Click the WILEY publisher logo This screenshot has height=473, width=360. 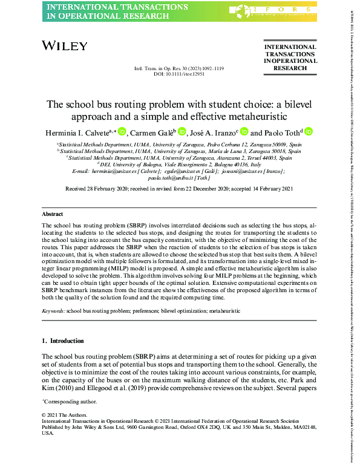tap(65, 46)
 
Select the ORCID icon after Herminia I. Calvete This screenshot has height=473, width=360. tap(121, 132)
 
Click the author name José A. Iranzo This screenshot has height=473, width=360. tap(214, 132)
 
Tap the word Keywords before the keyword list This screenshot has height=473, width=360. tap(53, 310)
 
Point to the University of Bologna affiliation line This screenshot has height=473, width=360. tap(179, 165)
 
